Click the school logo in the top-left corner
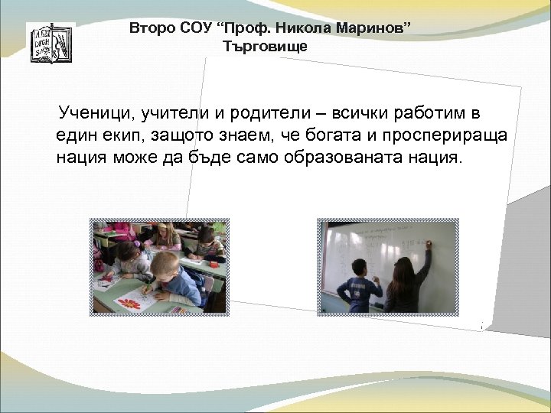point(51,43)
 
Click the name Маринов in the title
point(374,29)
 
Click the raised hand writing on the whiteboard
point(427,245)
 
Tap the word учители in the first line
point(175,115)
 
